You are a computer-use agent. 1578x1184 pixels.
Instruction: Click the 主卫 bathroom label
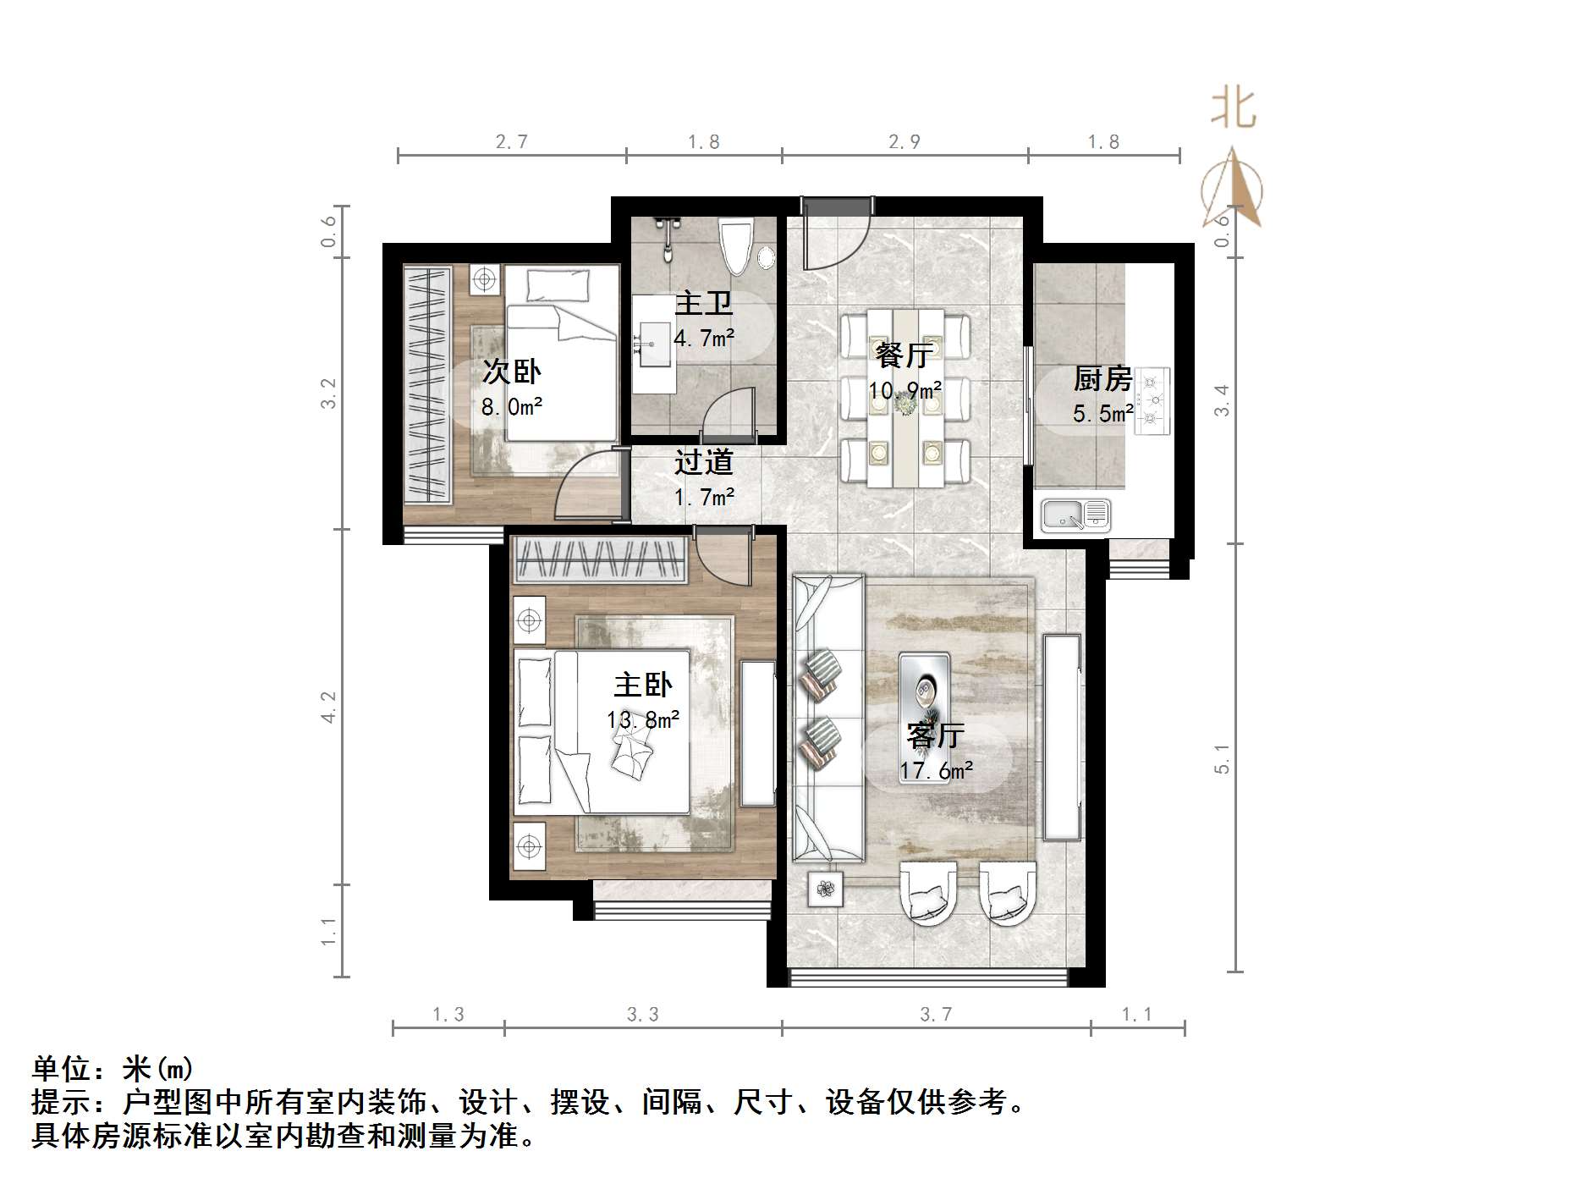click(703, 303)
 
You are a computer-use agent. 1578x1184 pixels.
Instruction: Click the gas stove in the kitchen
click(1152, 400)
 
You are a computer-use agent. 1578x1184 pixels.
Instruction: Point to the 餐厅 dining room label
click(904, 355)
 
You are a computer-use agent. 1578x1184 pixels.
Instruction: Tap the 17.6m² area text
click(936, 771)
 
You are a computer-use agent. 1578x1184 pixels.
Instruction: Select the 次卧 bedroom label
click(511, 372)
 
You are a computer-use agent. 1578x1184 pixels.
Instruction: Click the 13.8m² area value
click(643, 720)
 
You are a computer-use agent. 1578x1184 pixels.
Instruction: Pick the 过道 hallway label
click(703, 462)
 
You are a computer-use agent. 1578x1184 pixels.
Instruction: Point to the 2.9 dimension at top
click(904, 141)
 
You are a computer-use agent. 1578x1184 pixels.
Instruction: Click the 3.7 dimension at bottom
click(936, 1014)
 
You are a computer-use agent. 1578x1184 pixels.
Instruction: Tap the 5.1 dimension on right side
click(1222, 759)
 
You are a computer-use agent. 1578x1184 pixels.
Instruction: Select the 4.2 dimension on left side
click(328, 707)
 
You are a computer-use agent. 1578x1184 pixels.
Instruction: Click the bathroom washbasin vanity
click(654, 343)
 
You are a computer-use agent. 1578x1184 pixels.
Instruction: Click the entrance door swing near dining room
click(833, 235)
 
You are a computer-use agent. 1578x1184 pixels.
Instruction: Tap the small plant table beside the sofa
click(825, 889)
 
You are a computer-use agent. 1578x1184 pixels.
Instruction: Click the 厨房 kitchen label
click(1102, 378)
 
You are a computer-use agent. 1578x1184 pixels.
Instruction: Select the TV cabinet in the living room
click(1062, 736)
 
